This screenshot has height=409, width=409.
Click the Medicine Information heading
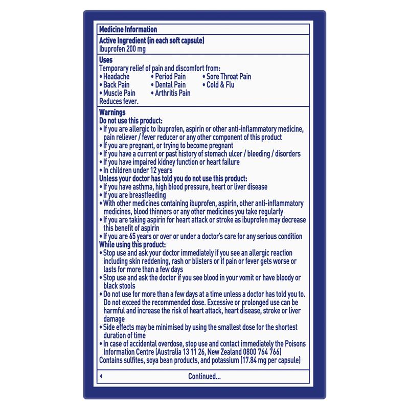click(x=127, y=30)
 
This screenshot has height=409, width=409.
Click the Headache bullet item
click(x=116, y=77)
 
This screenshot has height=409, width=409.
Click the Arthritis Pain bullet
click(x=171, y=93)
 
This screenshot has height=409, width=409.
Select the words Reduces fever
click(x=119, y=101)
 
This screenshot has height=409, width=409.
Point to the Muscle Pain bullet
click(x=117, y=93)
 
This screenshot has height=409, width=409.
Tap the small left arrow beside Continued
click(x=101, y=376)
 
